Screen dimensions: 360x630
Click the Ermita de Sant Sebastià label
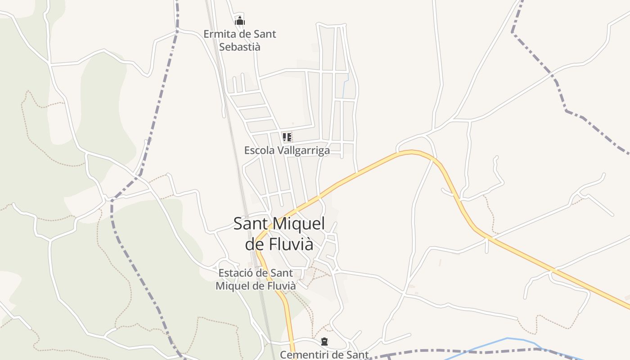(x=239, y=40)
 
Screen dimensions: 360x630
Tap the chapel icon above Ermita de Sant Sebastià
(x=240, y=21)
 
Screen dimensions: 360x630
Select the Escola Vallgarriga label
(x=287, y=150)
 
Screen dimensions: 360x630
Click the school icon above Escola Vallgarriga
(x=287, y=137)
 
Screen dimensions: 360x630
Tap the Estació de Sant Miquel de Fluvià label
(x=256, y=279)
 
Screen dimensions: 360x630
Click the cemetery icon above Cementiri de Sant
(x=324, y=342)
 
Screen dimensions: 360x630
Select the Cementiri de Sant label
(x=324, y=355)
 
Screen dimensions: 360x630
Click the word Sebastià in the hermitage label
(x=239, y=47)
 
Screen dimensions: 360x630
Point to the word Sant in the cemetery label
(x=358, y=355)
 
